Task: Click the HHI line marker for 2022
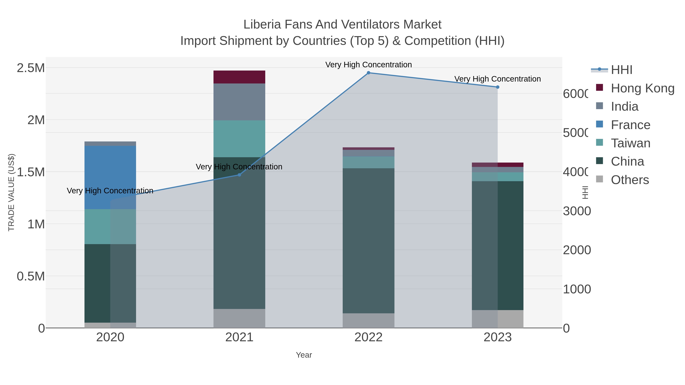368,73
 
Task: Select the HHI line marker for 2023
498,87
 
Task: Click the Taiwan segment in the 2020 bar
110,226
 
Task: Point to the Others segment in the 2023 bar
498,319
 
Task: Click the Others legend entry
630,180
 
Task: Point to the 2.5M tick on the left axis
31,68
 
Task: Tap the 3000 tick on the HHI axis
577,211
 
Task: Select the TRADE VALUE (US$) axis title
11,192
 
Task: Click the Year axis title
304,355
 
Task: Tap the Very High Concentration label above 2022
368,65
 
